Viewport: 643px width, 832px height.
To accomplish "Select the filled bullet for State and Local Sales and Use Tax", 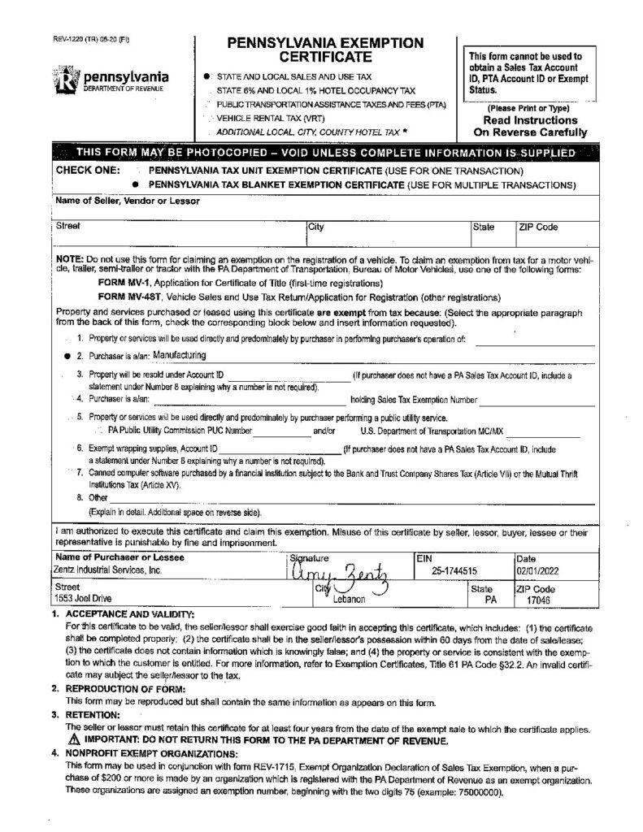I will pos(211,76).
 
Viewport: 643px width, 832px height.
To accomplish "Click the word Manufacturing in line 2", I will pos(180,355).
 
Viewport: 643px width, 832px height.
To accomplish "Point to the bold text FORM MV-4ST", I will pos(129,297).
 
